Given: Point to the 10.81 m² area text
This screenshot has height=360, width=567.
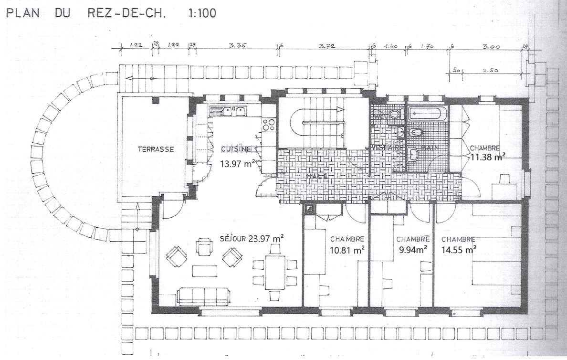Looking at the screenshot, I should click(x=347, y=249).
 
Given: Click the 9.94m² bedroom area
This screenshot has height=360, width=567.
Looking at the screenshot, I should click(x=413, y=249).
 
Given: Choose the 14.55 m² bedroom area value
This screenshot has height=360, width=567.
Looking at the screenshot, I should click(x=459, y=249).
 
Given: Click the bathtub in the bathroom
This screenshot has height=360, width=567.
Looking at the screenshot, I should click(x=428, y=114).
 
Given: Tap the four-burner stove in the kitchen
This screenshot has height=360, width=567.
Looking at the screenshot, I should click(x=268, y=125).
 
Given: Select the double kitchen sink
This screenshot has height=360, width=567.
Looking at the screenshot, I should click(x=234, y=111).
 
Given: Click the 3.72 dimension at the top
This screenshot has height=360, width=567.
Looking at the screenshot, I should click(x=327, y=45).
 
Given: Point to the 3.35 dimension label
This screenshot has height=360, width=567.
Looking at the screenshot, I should click(x=237, y=45).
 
